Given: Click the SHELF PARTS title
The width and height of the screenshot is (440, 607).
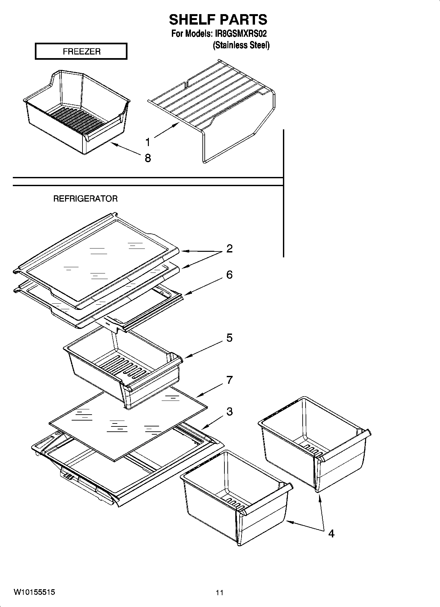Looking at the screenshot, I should click(218, 20).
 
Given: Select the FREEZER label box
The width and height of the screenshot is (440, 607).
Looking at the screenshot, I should click(81, 52).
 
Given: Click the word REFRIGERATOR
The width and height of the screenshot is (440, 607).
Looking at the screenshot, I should click(85, 199).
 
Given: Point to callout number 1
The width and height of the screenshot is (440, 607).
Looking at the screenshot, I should click(148, 142).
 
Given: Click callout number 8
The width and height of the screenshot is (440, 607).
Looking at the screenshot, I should click(148, 158).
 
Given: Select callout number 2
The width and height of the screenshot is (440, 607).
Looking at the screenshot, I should click(229, 249).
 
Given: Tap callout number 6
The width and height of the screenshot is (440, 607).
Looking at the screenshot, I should click(229, 275).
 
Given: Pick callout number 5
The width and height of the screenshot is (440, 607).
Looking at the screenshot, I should click(229, 338).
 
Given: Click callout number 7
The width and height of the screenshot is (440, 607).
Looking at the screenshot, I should click(229, 380).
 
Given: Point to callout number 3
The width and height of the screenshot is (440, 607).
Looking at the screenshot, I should click(229, 411).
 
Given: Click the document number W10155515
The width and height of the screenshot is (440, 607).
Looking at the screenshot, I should click(34, 592).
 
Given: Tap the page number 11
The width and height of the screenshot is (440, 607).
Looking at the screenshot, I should click(220, 593).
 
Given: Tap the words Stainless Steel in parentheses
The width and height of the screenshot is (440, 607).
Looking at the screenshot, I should click(241, 45).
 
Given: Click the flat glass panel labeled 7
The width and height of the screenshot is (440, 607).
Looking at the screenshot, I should click(128, 423).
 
